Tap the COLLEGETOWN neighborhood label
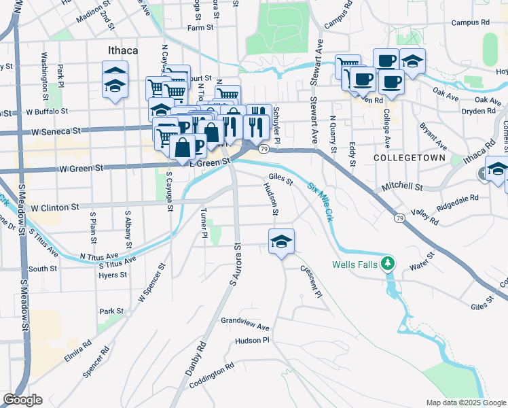[x=409, y=158]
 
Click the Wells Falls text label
[x=355, y=265]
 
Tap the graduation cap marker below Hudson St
[x=281, y=241]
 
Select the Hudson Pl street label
[x=253, y=340]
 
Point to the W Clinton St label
[x=55, y=207]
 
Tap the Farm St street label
[x=201, y=28]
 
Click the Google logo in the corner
[x=22, y=400]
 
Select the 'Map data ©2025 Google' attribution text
[x=465, y=403]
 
